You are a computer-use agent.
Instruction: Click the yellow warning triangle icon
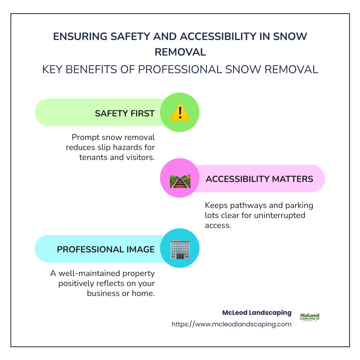tap(180, 113)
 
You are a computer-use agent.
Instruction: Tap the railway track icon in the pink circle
tap(180, 181)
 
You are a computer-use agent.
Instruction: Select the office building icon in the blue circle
tap(180, 249)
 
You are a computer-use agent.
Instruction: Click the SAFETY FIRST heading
tap(124, 113)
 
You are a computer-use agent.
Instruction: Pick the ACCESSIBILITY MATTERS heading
tap(259, 179)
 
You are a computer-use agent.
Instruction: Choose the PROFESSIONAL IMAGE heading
tap(106, 249)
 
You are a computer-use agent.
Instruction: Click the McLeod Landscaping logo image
tap(310, 317)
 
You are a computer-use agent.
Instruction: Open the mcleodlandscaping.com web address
tap(232, 324)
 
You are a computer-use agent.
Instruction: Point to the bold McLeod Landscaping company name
tap(257, 313)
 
